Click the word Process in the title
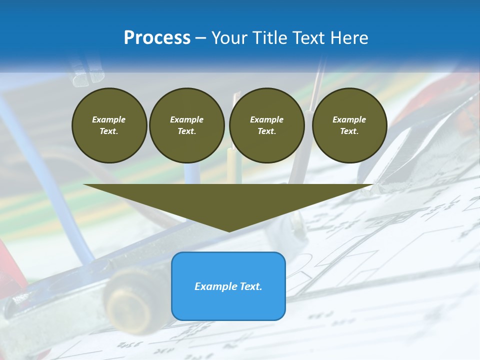pos(157,37)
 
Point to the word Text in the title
pos(310,37)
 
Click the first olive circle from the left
pos(109,125)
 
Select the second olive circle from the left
pos(186,125)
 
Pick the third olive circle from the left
pos(266,125)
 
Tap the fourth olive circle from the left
pos(349,125)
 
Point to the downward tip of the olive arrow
pos(229,230)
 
